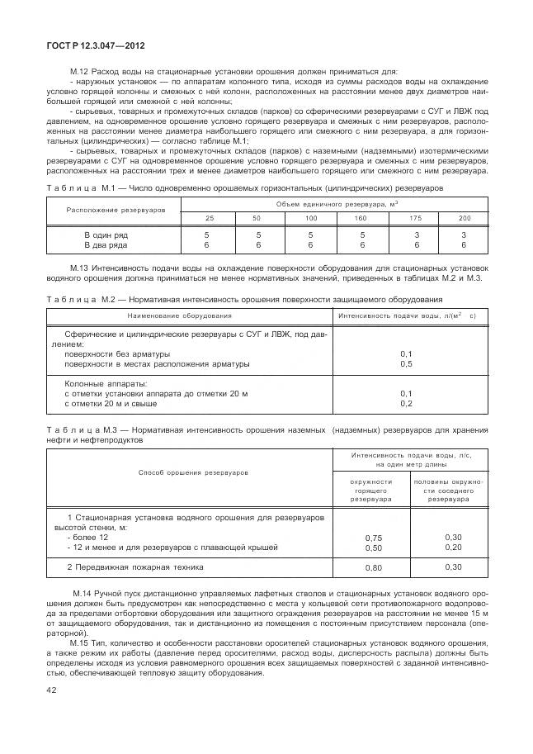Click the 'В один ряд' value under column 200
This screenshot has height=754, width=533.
[464, 235]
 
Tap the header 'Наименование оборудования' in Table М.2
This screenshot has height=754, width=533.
[179, 315]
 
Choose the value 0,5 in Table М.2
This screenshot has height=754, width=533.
[406, 363]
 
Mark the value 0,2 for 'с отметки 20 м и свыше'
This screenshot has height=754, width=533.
[406, 403]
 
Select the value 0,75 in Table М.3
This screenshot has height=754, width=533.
[374, 538]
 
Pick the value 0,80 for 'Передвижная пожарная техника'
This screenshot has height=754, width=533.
[374, 568]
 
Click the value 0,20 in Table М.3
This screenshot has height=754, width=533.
[453, 547]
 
